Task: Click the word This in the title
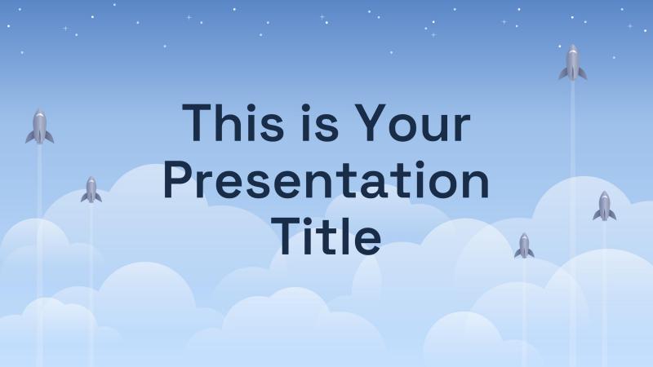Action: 233,123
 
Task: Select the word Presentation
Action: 326,180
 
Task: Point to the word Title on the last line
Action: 326,237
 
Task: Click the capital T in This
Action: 198,123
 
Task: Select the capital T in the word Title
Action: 287,236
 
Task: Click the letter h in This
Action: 232,123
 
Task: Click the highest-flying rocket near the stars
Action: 573,63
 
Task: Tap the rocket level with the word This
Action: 39,126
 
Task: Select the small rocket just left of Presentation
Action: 91,190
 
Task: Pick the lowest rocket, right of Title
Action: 524,246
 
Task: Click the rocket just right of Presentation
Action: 605,206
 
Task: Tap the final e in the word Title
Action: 367,241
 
